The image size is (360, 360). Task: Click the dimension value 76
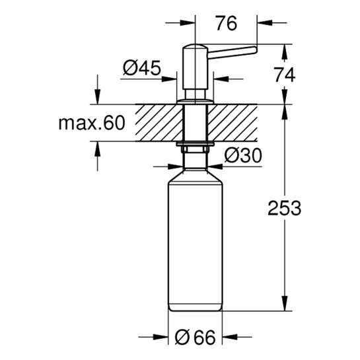pos(226,24)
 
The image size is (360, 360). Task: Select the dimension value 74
pos(285,75)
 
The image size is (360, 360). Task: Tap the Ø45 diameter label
pos(142,68)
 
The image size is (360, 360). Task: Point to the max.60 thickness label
pos(92,124)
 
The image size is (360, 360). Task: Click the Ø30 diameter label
pos(243,155)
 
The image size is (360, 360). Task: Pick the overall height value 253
pos(285,208)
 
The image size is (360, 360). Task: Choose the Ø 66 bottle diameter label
pos(196,338)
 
